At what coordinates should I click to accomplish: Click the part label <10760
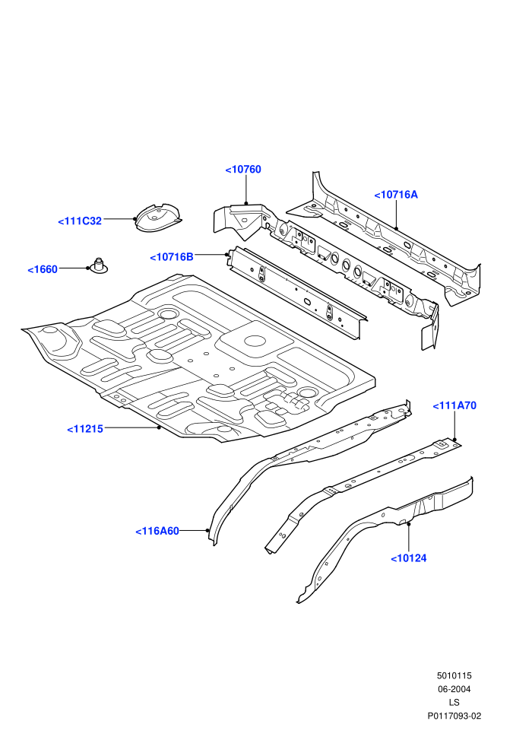(243, 170)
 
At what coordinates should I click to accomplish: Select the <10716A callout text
(396, 195)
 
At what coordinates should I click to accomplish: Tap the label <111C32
(80, 221)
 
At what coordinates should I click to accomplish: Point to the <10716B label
(172, 257)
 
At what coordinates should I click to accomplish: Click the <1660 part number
(43, 269)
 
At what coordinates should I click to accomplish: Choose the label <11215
(85, 429)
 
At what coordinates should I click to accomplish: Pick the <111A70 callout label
(454, 406)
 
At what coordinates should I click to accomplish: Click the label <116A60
(157, 531)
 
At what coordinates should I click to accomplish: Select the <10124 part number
(409, 558)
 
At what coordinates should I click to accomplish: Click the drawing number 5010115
(454, 675)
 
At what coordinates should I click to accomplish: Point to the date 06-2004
(454, 689)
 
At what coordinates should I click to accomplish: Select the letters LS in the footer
(454, 703)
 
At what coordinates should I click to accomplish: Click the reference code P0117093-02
(454, 716)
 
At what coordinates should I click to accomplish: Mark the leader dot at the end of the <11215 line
(159, 427)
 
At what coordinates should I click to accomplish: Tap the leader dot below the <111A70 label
(454, 440)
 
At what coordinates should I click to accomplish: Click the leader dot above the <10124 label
(409, 524)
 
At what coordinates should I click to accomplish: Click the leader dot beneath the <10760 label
(246, 203)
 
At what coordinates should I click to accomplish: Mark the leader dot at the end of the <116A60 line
(207, 531)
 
